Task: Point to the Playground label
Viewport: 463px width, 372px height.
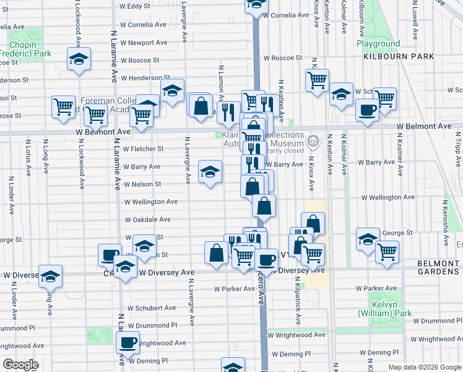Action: click(378, 44)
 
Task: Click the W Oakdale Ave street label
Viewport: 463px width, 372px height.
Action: click(147, 219)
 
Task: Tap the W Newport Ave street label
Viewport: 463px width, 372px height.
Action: click(144, 43)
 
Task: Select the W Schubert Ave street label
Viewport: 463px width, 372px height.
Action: click(152, 308)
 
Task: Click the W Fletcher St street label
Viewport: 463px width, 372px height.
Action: click(143, 149)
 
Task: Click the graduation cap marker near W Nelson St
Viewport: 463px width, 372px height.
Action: click(210, 171)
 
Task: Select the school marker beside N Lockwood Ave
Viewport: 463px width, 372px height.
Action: click(79, 59)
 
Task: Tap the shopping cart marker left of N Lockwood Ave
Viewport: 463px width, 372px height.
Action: click(63, 107)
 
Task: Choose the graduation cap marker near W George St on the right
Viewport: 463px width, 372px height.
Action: click(368, 239)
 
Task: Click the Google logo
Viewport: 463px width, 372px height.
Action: click(20, 365)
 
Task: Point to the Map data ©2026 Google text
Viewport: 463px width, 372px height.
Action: click(424, 367)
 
